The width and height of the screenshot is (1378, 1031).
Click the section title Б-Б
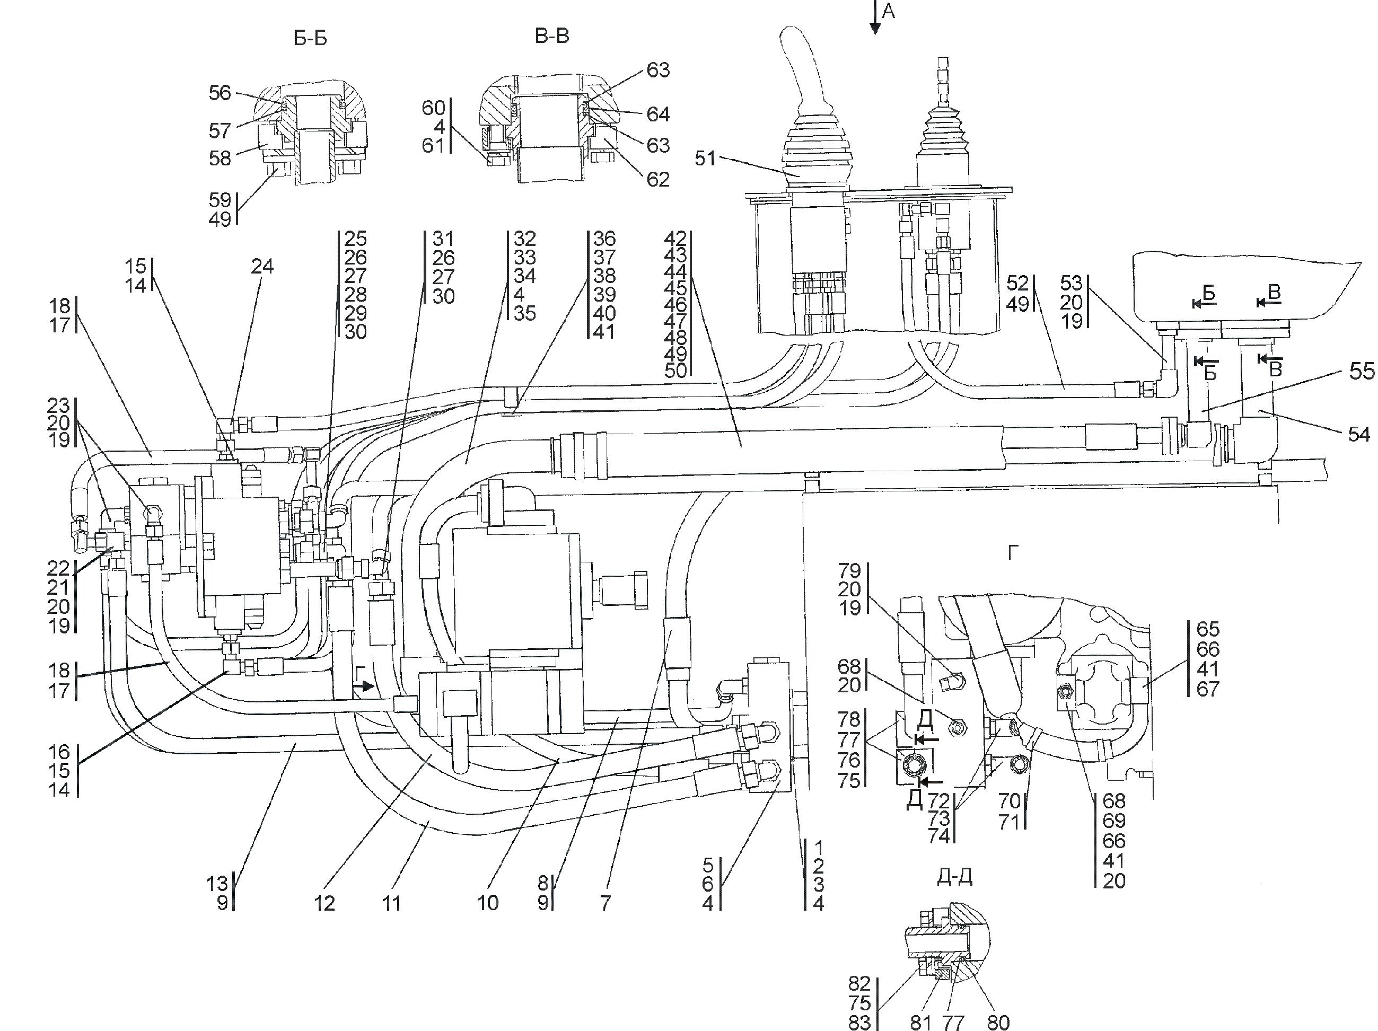(310, 39)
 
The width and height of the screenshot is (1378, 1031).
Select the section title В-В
(552, 36)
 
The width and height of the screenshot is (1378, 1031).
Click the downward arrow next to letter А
(875, 17)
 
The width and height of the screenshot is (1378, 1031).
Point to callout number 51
(705, 158)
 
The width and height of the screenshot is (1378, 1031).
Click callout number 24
(262, 266)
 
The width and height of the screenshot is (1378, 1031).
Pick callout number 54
(1359, 434)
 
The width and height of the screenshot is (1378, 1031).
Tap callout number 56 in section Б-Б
(220, 93)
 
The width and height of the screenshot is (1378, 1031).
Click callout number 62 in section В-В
(658, 179)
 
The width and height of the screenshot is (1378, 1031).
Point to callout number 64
(658, 114)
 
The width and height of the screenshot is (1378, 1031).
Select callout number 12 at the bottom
(324, 903)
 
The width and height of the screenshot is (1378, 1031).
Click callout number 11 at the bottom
(391, 903)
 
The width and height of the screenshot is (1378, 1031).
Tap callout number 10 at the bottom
(487, 903)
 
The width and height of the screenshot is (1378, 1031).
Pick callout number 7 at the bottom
(605, 903)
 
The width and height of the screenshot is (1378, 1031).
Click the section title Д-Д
(954, 877)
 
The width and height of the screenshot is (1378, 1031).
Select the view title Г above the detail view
(1013, 552)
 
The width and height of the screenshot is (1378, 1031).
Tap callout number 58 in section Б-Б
(220, 158)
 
